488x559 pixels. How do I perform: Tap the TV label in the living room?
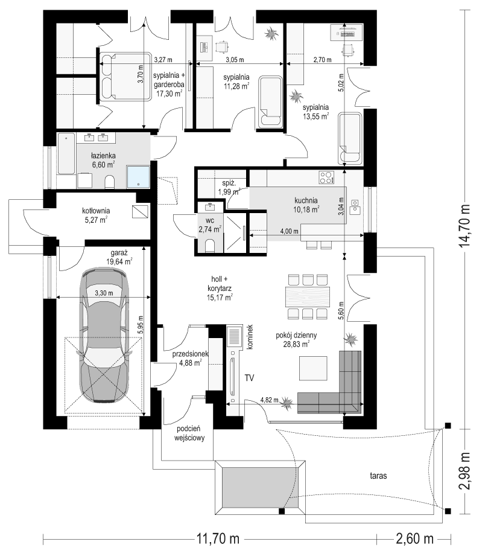click(x=249, y=377)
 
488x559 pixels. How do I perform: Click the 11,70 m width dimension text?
click(x=218, y=538)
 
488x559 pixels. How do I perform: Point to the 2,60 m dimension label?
click(x=414, y=538)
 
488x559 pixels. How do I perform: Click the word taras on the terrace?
click(x=378, y=476)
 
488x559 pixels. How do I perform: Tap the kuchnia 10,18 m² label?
click(x=306, y=205)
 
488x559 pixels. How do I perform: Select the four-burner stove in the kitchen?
click(x=326, y=177)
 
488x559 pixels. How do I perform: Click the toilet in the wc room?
click(x=210, y=246)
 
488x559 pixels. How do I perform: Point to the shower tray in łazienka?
click(x=138, y=177)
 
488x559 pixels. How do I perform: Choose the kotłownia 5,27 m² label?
click(x=96, y=216)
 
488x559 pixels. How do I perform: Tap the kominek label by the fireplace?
click(x=250, y=336)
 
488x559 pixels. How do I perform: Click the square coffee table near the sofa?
click(x=313, y=368)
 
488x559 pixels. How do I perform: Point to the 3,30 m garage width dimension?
click(x=104, y=293)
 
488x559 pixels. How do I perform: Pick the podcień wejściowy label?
click(x=190, y=433)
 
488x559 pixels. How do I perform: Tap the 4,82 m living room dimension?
click(x=269, y=400)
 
